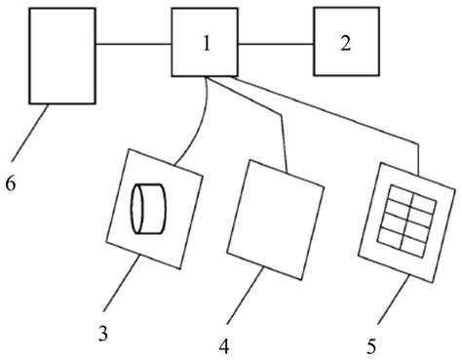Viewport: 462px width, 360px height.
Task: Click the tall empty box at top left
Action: click(62, 55)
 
